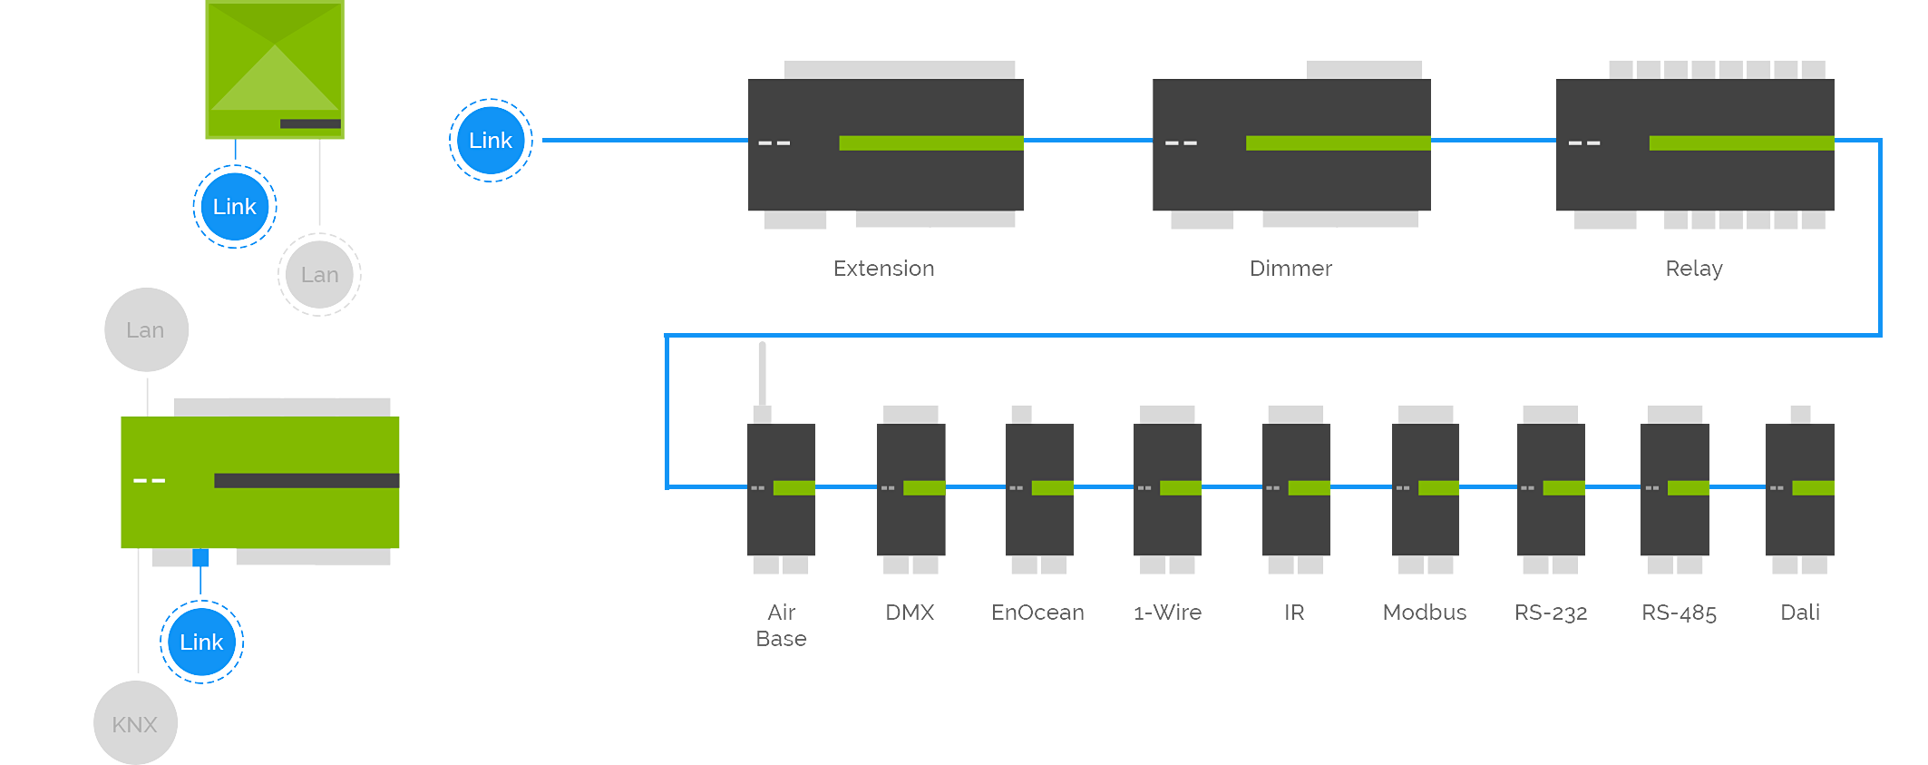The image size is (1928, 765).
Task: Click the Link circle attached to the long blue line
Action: pyautogui.click(x=491, y=141)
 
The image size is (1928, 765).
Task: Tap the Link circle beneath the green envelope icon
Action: pyautogui.click(x=235, y=207)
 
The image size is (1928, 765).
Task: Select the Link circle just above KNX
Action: pyautogui.click(x=201, y=642)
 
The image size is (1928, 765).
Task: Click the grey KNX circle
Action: pyautogui.click(x=135, y=724)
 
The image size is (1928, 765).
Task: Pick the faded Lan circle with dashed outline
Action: pyautogui.click(x=319, y=275)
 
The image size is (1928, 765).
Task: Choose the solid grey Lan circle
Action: pyautogui.click(x=146, y=330)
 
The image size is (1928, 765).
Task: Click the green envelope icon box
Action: pyautogui.click(x=274, y=69)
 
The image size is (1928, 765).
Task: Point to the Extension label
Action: pyautogui.click(x=883, y=269)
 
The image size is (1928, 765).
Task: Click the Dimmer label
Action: pyautogui.click(x=1291, y=269)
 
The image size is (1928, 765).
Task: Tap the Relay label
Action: pyautogui.click(x=1694, y=269)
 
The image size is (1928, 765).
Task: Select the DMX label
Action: pyautogui.click(x=910, y=613)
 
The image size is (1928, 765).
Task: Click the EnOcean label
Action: pyautogui.click(x=1037, y=613)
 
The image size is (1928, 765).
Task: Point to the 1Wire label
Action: pyautogui.click(x=1168, y=613)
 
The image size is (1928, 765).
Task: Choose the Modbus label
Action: pyautogui.click(x=1426, y=613)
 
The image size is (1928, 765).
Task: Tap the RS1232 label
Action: pyautogui.click(x=1552, y=613)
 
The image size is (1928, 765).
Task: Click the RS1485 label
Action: pyautogui.click(x=1680, y=613)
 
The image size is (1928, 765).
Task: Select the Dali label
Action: pyautogui.click(x=1800, y=613)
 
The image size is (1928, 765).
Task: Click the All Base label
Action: pyautogui.click(x=782, y=625)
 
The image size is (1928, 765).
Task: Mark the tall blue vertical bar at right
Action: pyautogui.click(x=1858, y=313)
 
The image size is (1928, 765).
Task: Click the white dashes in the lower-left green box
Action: pyautogui.click(x=149, y=480)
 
